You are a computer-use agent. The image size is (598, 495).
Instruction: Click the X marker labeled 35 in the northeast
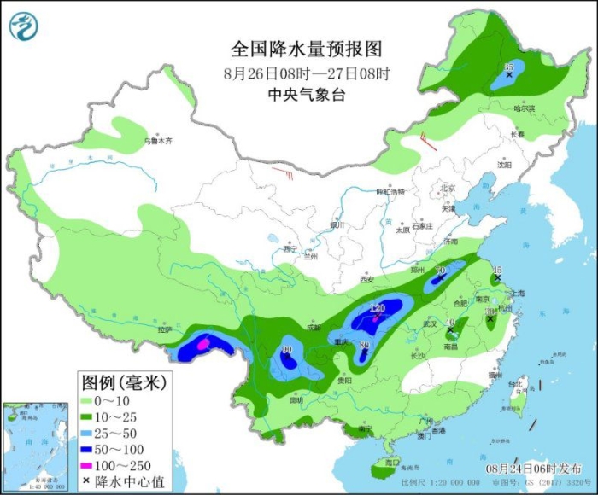click(x=509, y=76)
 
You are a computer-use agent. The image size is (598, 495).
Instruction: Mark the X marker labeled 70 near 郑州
click(x=442, y=278)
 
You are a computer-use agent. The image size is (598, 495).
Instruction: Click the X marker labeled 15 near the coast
click(x=497, y=278)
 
